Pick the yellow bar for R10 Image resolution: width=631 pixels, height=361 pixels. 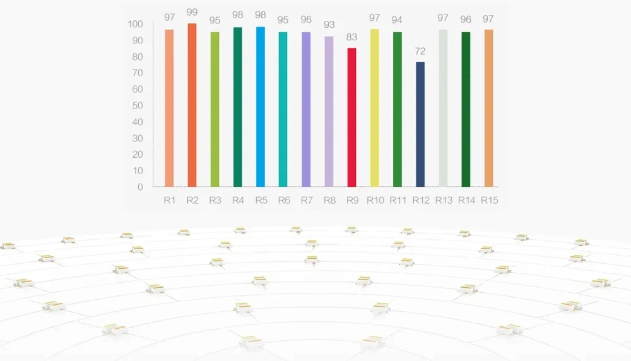(374, 108)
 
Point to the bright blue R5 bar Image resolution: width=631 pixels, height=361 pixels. (260, 107)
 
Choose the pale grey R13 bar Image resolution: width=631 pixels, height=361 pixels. (443, 108)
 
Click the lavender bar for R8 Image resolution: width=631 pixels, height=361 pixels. (329, 111)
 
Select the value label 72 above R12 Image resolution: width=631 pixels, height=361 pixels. (420, 51)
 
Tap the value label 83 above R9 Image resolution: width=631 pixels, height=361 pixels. (351, 37)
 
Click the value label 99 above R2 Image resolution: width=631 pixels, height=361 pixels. (192, 13)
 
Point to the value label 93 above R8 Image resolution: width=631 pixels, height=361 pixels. (329, 25)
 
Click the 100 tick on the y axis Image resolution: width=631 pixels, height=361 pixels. (135, 24)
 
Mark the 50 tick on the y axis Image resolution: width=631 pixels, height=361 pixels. (138, 105)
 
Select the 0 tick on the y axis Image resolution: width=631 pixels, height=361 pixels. (140, 187)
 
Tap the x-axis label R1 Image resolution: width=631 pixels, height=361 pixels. (169, 200)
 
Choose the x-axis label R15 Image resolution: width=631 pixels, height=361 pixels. (488, 200)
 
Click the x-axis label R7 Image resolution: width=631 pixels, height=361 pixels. (306, 200)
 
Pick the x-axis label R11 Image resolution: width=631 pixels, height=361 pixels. (398, 200)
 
